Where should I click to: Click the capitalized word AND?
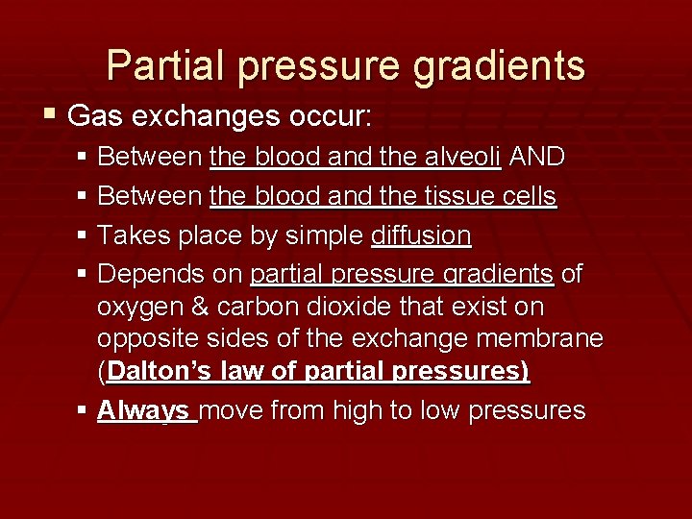[x=536, y=156]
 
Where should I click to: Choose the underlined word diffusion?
[x=420, y=236]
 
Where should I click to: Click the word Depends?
[x=143, y=276]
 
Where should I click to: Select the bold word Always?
[x=143, y=411]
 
